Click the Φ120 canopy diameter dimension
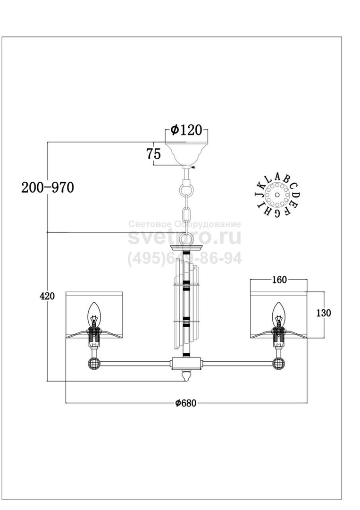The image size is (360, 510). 186,130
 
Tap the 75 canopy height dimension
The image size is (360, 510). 154,153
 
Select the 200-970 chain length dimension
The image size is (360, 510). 48,187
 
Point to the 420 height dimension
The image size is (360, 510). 48,296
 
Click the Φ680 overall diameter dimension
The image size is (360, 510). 186,403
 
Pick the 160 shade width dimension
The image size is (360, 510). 278,280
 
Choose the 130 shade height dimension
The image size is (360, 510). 324,313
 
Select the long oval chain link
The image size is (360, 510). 187,214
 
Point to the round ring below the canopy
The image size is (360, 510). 186,189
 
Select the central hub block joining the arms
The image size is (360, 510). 186,363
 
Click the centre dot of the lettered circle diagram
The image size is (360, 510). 277,195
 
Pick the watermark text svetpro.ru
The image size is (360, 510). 184,237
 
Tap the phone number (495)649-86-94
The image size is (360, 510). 184,259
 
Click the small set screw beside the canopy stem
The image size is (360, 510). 193,167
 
